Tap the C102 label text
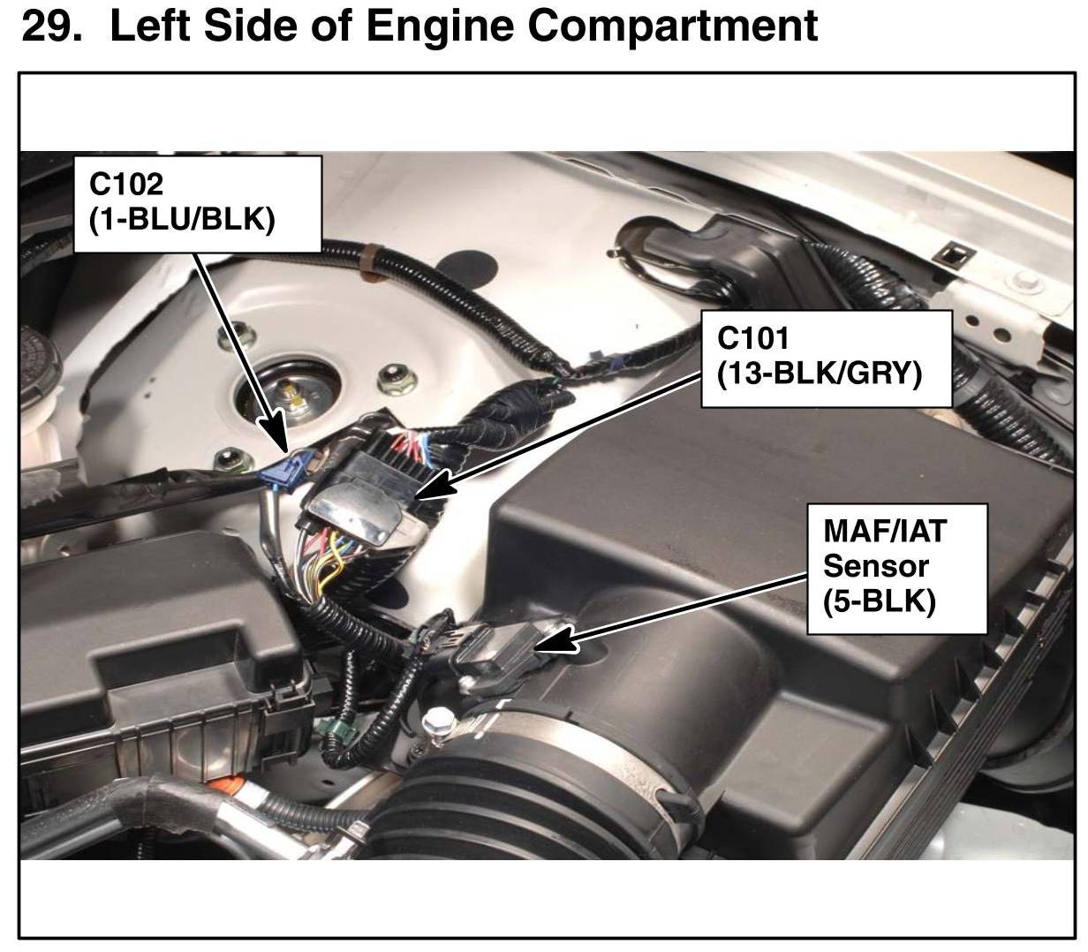click(126, 185)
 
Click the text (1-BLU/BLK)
click(182, 217)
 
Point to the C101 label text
click(753, 338)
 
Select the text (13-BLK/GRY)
click(820, 374)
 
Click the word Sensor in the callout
click(875, 565)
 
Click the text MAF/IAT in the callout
click(884, 531)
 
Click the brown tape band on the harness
click(369, 268)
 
